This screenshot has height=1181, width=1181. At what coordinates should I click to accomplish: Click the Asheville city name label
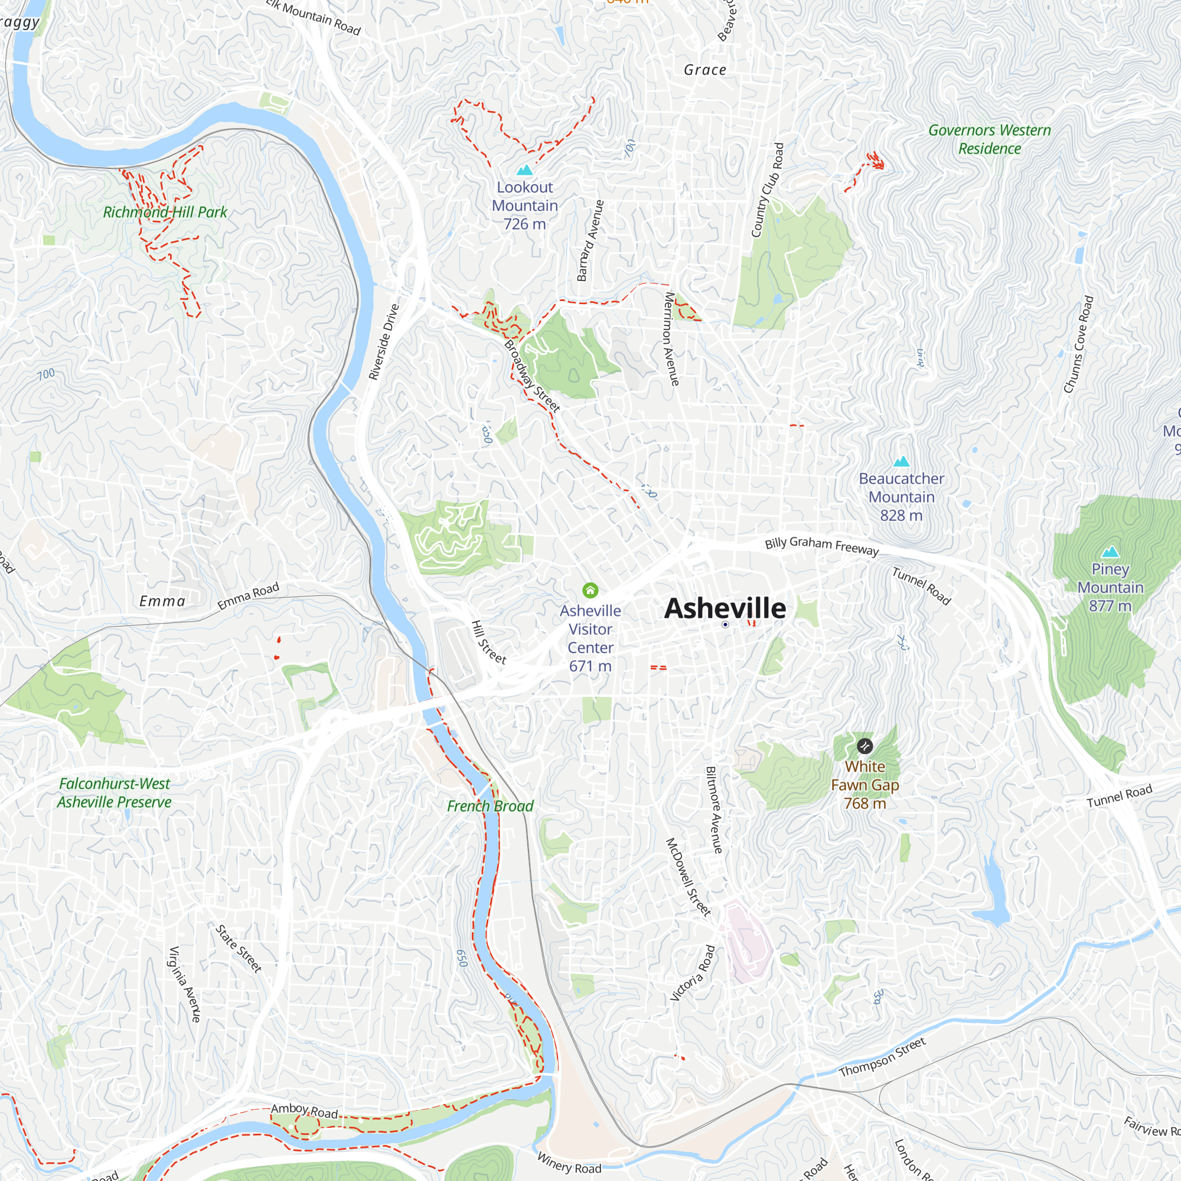coord(725,608)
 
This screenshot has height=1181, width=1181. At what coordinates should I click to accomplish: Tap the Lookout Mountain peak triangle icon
coord(524,170)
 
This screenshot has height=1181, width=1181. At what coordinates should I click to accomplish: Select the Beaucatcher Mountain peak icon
coord(901,462)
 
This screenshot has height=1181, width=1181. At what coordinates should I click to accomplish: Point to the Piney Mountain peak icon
coord(1110,552)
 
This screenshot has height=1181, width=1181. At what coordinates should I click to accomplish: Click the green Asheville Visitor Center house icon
coord(590,590)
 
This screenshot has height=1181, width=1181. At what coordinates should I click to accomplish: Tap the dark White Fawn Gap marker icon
coord(864,746)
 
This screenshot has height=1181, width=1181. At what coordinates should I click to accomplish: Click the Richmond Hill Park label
coord(165,212)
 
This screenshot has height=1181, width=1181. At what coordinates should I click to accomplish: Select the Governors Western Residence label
coord(989,139)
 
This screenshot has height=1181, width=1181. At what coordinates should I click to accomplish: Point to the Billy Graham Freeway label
coord(821,545)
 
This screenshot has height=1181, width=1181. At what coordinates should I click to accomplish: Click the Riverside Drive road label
coord(384,342)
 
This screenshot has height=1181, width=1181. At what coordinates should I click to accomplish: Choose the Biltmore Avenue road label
coord(714,810)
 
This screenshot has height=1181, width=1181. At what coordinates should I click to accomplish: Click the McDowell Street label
coord(688,877)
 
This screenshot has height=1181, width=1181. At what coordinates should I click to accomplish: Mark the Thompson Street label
coord(882,1058)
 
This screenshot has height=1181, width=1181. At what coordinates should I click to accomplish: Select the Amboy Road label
coord(305,1111)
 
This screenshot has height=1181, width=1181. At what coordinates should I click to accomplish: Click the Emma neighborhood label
coord(162,602)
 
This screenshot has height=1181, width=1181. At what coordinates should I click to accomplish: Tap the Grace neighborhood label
coord(705,70)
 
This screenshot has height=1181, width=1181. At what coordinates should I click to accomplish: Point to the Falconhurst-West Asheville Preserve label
coord(115,793)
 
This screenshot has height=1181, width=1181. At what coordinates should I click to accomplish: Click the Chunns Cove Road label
coord(1078,345)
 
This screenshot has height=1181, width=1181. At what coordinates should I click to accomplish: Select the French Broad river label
coord(490,806)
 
